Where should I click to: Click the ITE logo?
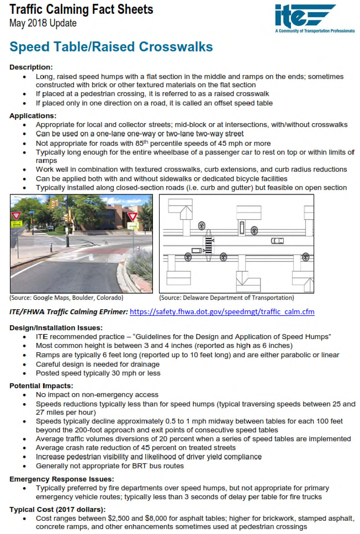click(305, 16)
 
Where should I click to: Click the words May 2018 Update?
click(43, 23)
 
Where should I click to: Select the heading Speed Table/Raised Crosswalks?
click(111, 47)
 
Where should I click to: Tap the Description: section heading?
click(31, 67)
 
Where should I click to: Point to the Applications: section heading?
click(33, 116)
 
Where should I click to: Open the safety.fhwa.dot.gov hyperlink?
click(222, 311)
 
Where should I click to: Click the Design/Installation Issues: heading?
click(56, 327)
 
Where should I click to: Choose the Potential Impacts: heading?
click(42, 385)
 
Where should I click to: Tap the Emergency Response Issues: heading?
click(62, 479)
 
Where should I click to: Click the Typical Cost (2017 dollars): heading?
click(57, 509)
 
